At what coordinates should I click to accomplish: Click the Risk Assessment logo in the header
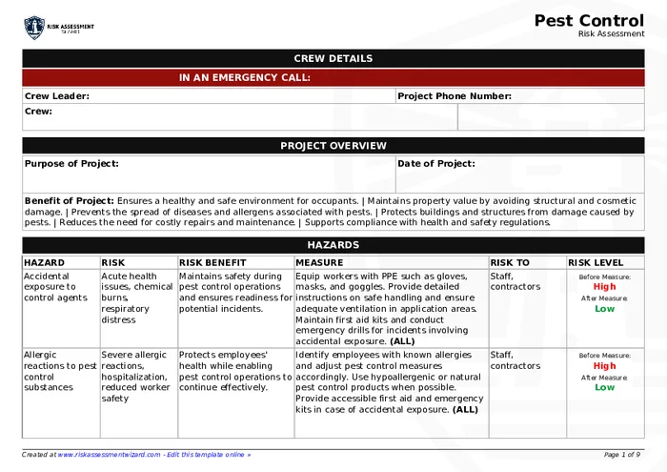point(59,28)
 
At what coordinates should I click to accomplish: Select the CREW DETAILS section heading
point(333,59)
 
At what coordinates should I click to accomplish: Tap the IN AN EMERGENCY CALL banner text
point(245,78)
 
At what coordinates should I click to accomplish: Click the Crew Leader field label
point(57,96)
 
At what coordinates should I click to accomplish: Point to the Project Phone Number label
point(455,96)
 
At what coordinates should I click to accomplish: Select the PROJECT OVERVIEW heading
point(333,146)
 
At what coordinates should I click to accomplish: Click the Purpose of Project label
point(72,164)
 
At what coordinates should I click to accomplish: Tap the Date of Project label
point(436,164)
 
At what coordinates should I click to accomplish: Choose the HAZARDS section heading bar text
point(333,245)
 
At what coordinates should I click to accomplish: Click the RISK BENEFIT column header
point(212,262)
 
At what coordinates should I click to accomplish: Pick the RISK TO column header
point(510,262)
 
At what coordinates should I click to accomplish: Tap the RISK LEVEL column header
point(596,262)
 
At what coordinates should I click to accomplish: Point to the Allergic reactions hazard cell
point(60,366)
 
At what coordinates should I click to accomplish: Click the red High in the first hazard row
point(604,287)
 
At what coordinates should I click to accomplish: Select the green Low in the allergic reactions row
point(604,388)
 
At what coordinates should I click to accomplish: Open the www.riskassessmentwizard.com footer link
point(109,455)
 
